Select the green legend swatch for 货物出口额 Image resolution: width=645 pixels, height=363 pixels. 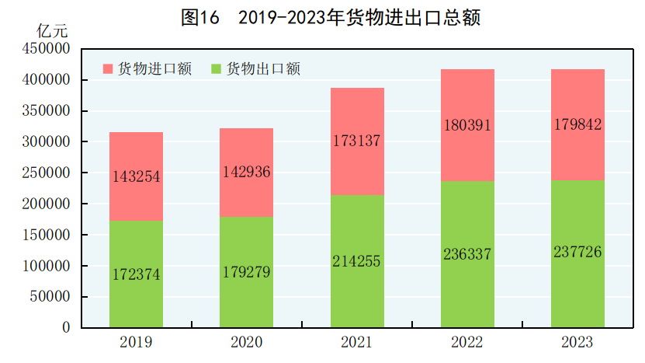click(216, 69)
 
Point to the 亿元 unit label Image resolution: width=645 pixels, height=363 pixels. click(52, 32)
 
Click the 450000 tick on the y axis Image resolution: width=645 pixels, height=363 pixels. click(46, 49)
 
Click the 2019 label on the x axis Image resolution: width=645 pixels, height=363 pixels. click(136, 342)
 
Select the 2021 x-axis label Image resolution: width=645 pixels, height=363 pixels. click(357, 342)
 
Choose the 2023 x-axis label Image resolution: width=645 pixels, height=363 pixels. click(577, 342)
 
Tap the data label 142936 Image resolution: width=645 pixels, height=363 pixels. click(246, 172)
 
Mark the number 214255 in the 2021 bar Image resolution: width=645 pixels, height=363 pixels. click(357, 261)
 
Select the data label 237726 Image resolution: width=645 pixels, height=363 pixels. click(577, 252)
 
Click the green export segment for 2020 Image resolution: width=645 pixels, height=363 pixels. click(246, 295)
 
